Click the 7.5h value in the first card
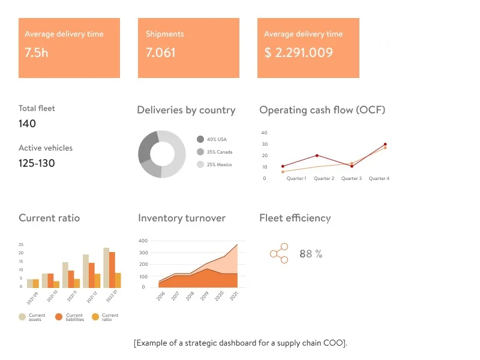[x=36, y=52]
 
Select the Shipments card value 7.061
[x=161, y=52]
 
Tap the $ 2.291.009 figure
[x=298, y=52]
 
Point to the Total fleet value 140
[x=27, y=124]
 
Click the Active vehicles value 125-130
[x=37, y=163]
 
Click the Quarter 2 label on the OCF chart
[x=323, y=179]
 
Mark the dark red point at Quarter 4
[x=385, y=145]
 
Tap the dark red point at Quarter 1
[x=283, y=166]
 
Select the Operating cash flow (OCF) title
[x=322, y=110]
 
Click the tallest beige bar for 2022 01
[x=106, y=268]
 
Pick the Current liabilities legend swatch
[x=59, y=317]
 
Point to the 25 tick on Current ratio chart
[x=21, y=245]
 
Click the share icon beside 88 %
[x=279, y=253]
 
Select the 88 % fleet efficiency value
[x=310, y=254]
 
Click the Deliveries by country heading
[x=186, y=110]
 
